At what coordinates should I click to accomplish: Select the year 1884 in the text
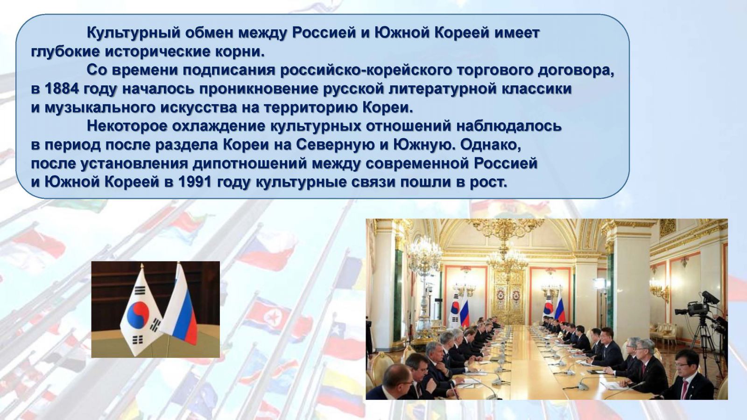(62, 89)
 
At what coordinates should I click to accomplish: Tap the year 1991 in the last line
(196, 182)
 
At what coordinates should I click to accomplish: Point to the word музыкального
(100, 108)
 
